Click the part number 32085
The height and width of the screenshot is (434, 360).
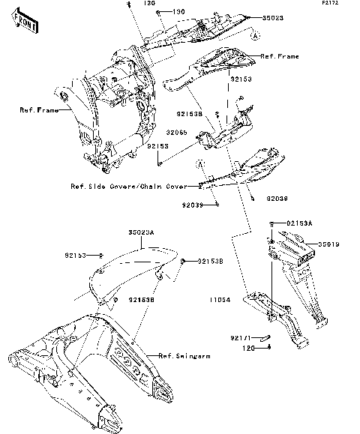(x=177, y=131)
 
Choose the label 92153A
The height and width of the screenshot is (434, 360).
(x=301, y=223)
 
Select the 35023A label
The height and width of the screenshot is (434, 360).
(x=140, y=233)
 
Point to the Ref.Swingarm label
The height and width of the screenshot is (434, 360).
(x=184, y=355)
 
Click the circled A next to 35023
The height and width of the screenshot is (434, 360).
(x=255, y=36)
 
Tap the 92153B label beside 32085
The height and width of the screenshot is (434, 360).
(x=190, y=114)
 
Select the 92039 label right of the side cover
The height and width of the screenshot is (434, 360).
(x=276, y=199)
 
